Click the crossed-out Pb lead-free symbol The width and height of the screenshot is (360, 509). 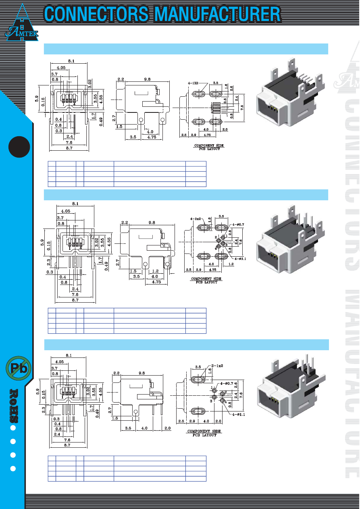click(19, 368)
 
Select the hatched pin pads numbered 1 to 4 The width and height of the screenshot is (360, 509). click(216, 108)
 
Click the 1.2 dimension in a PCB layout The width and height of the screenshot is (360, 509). click(231, 264)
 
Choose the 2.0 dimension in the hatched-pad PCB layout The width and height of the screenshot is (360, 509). click(225, 129)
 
